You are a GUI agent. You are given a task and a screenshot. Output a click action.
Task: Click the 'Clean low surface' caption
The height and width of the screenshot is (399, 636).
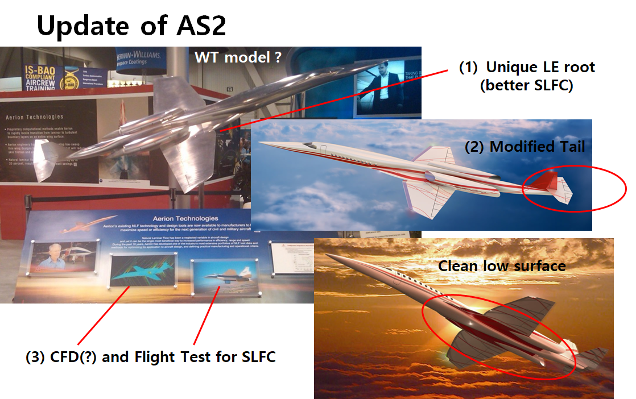501,265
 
